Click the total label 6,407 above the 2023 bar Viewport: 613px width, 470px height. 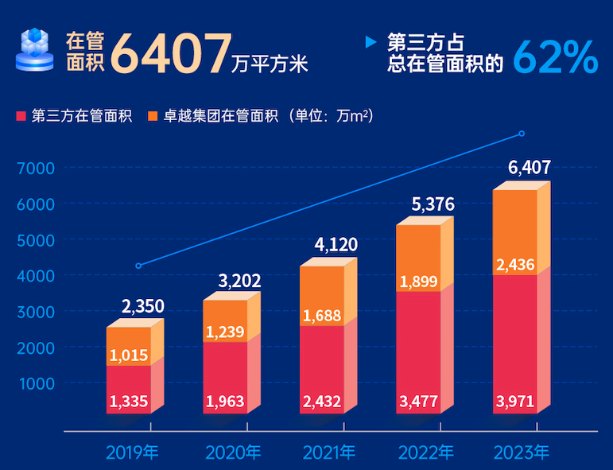point(530,168)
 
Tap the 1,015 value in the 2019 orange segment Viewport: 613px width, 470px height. point(129,355)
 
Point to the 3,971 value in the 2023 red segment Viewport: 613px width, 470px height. point(514,401)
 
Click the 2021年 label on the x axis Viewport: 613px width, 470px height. point(329,453)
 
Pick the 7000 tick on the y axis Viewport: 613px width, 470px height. point(36,168)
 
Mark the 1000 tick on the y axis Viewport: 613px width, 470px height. point(36,383)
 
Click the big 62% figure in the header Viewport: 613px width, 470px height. point(555,56)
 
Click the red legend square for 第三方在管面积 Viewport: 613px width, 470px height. point(21,117)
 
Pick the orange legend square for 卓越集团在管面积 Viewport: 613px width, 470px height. point(152,117)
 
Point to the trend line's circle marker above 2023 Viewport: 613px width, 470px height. point(522,134)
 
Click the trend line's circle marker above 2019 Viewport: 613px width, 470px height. point(138,266)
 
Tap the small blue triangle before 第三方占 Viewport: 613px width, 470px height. point(370,41)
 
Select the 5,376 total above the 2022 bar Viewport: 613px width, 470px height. point(433,204)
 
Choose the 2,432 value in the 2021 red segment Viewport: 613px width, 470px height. point(322,401)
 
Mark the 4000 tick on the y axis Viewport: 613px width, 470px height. point(36,275)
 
